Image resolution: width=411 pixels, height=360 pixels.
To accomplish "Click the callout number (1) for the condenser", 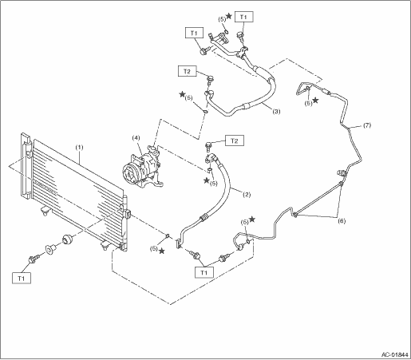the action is pos(79,147).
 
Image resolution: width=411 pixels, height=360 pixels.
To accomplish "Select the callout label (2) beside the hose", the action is pos(247,195).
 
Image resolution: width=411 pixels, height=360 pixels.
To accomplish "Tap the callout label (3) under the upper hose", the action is pos(276,112).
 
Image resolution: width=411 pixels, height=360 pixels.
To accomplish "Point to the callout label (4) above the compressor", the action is pos(136,137).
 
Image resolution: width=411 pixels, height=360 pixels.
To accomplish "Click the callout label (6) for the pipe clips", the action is pos(342,221).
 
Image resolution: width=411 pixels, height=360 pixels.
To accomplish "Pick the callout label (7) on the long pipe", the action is pos(367,125).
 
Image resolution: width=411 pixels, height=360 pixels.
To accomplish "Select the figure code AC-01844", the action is pos(395,354).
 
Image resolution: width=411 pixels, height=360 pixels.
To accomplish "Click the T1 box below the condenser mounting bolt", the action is pos(22,278).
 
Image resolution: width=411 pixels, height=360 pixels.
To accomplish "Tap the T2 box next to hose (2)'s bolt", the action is pos(235,140).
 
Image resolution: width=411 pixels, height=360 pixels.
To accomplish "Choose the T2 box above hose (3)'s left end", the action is pos(188,71).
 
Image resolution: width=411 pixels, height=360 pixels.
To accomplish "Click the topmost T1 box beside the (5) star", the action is pos(243,17).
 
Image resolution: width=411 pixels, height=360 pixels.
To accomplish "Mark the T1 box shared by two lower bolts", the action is pos(204,272).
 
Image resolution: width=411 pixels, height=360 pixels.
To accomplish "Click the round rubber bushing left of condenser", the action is pos(67,239).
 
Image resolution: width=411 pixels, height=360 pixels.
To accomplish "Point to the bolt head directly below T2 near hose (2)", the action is pos(208,146).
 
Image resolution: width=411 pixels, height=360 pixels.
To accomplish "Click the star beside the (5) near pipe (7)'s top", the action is pos(315,100).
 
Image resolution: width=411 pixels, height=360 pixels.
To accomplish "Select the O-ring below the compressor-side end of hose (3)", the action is pos(206,111).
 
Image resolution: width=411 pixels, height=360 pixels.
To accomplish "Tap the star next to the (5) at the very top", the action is pos(228,16).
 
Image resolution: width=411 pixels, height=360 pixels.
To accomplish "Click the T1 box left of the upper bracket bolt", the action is pos(194,33).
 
